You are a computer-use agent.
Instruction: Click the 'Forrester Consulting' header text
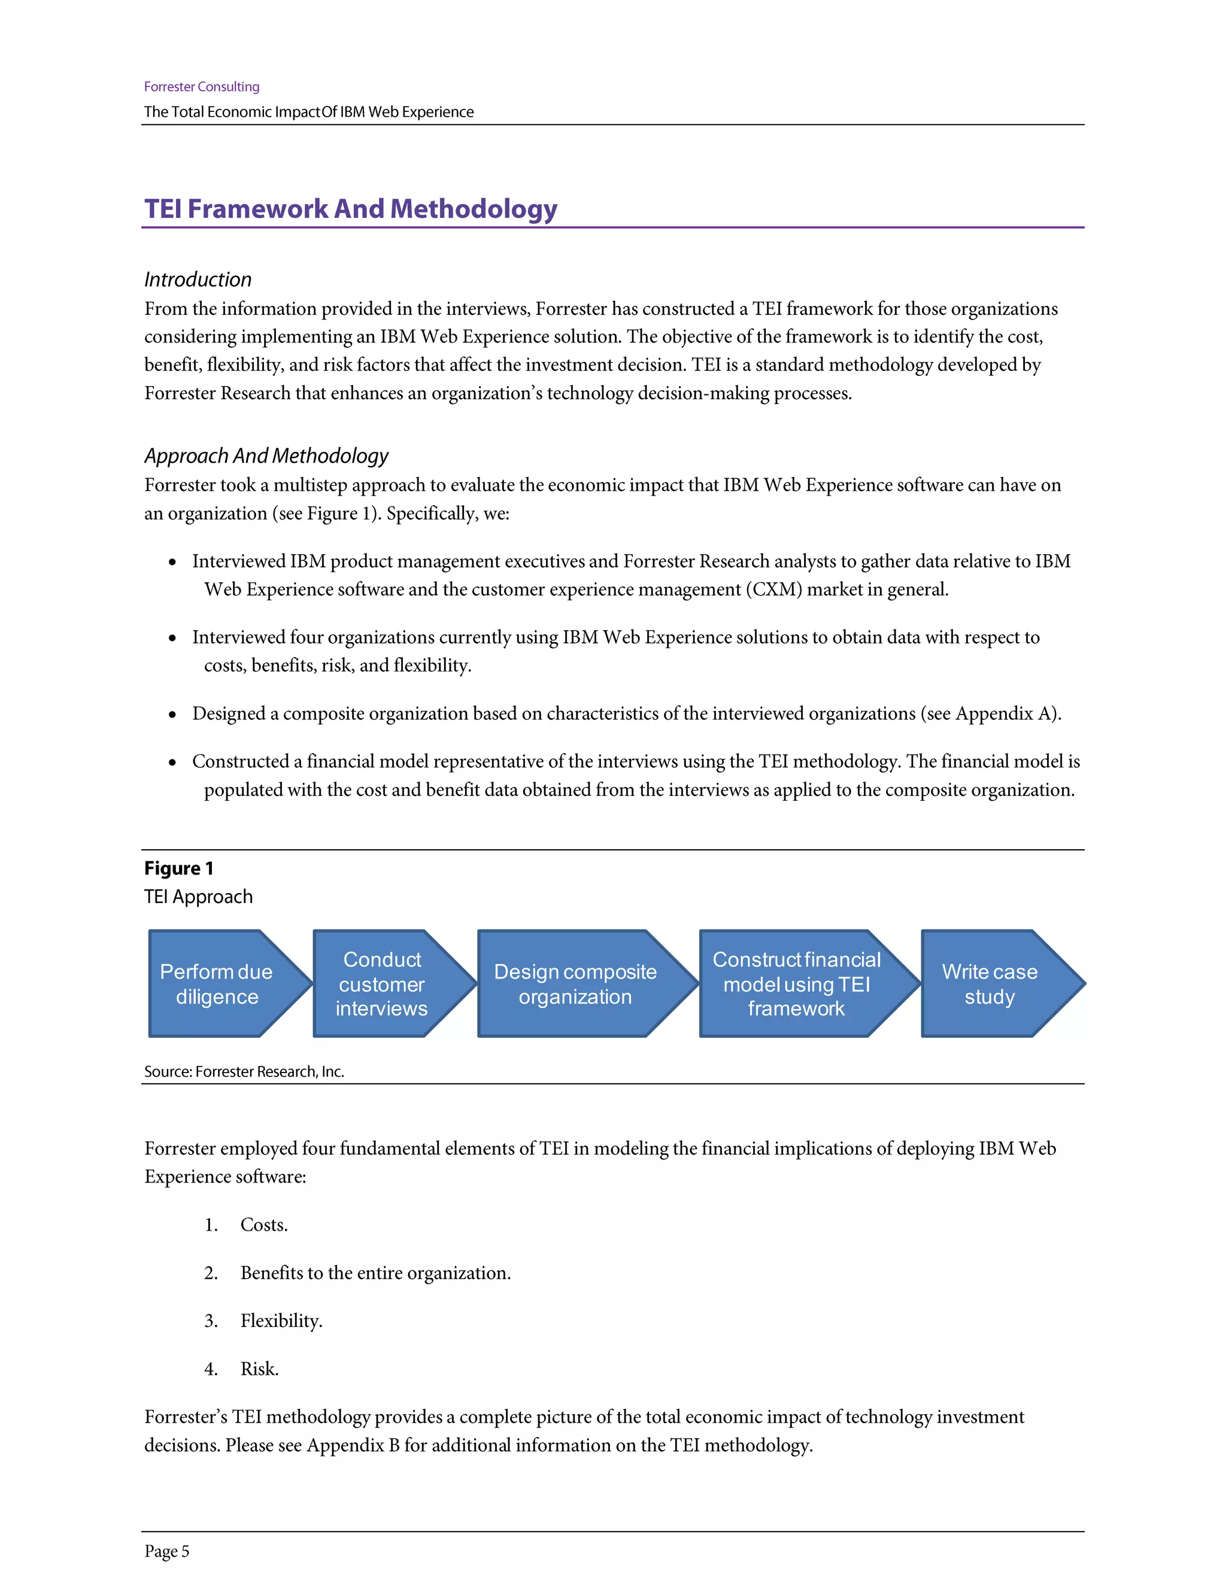point(201,86)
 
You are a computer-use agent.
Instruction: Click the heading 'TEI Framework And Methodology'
point(350,208)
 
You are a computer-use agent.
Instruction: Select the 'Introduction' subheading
point(198,279)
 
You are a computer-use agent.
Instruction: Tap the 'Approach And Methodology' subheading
point(266,456)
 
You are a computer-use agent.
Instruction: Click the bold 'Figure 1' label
point(178,868)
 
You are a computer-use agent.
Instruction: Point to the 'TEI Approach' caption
point(198,897)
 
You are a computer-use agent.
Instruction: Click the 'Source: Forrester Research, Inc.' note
point(244,1072)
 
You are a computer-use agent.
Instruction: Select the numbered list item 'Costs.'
point(263,1225)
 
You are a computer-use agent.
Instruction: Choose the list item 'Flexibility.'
point(281,1321)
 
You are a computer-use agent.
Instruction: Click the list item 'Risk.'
point(259,1369)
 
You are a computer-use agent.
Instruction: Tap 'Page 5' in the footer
point(166,1551)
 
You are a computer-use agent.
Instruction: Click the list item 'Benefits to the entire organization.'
point(375,1273)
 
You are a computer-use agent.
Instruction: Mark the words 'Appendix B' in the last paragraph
point(353,1445)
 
